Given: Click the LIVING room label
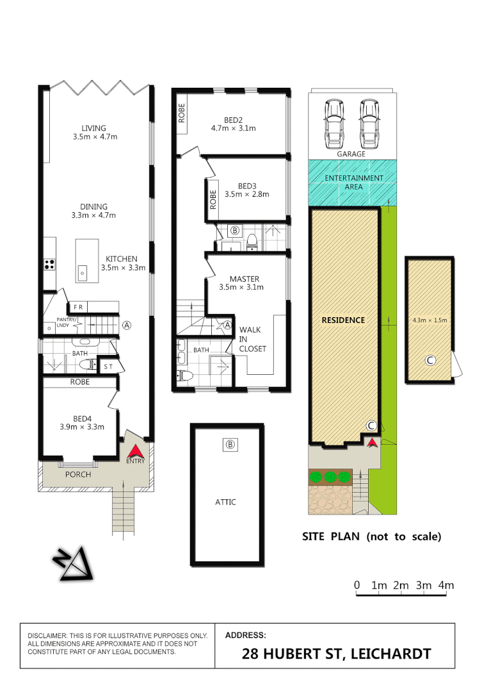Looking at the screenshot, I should (x=93, y=128).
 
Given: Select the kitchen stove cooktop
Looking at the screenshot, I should (x=49, y=263).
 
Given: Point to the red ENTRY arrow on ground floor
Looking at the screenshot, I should (x=136, y=451).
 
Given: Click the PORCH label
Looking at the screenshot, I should (x=78, y=475).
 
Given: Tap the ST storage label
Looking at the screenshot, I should (x=108, y=367).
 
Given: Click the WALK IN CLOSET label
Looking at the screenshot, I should (x=252, y=339).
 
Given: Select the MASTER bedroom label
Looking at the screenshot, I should (x=244, y=279).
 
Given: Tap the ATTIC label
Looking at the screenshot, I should (x=225, y=502).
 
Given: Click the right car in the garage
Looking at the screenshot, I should (x=369, y=122).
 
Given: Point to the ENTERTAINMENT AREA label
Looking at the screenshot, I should (x=354, y=182).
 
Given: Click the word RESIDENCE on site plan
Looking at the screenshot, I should (x=342, y=320).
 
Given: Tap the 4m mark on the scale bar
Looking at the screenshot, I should (x=445, y=585).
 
